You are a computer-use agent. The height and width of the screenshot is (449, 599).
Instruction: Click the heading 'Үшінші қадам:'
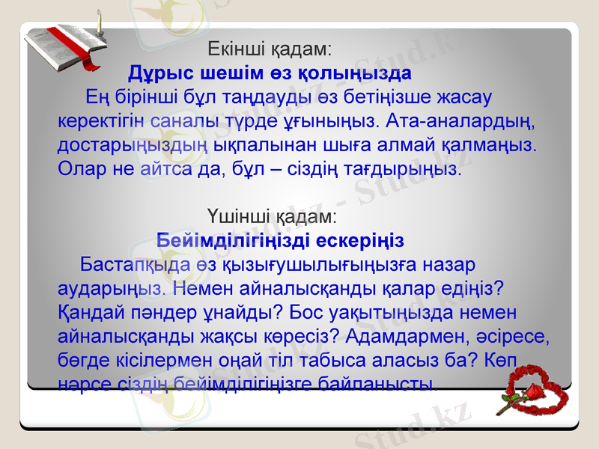pos(272,216)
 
